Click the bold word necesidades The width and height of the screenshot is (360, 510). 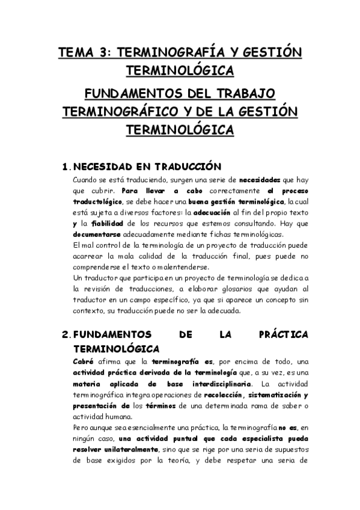click(x=260, y=180)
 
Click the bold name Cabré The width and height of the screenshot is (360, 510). click(x=83, y=361)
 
